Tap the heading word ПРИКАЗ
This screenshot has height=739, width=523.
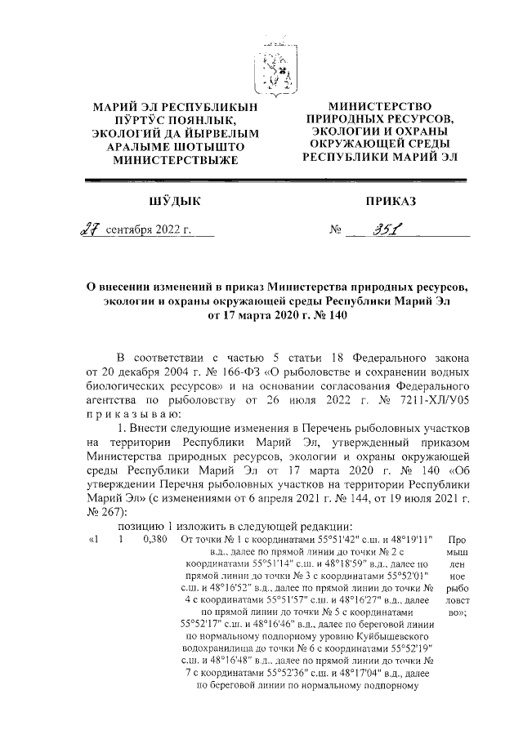[391, 200]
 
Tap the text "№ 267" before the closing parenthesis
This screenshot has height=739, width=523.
[101, 512]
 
